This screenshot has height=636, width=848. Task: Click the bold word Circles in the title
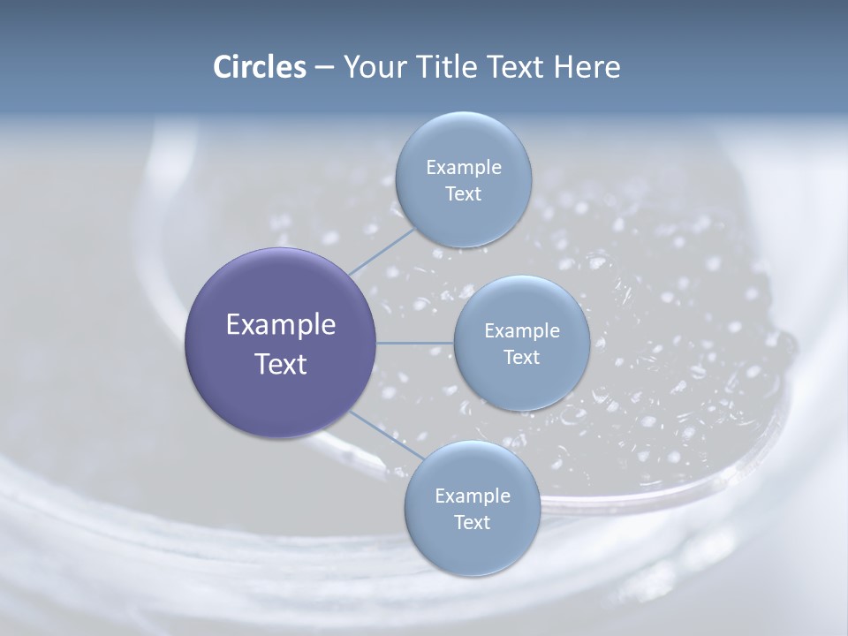click(259, 67)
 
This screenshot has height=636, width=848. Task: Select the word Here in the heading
click(587, 67)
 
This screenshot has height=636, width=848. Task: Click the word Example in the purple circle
click(281, 325)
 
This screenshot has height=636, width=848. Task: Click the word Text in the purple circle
click(281, 364)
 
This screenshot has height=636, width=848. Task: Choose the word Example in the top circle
click(464, 168)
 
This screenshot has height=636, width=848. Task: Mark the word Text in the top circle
click(464, 194)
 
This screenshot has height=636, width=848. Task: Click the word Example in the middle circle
click(522, 331)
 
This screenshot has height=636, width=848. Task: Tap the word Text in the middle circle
click(522, 358)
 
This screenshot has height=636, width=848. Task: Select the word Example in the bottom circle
click(473, 496)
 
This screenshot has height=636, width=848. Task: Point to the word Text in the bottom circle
click(473, 523)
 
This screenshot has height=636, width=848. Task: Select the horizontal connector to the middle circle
click(415, 343)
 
